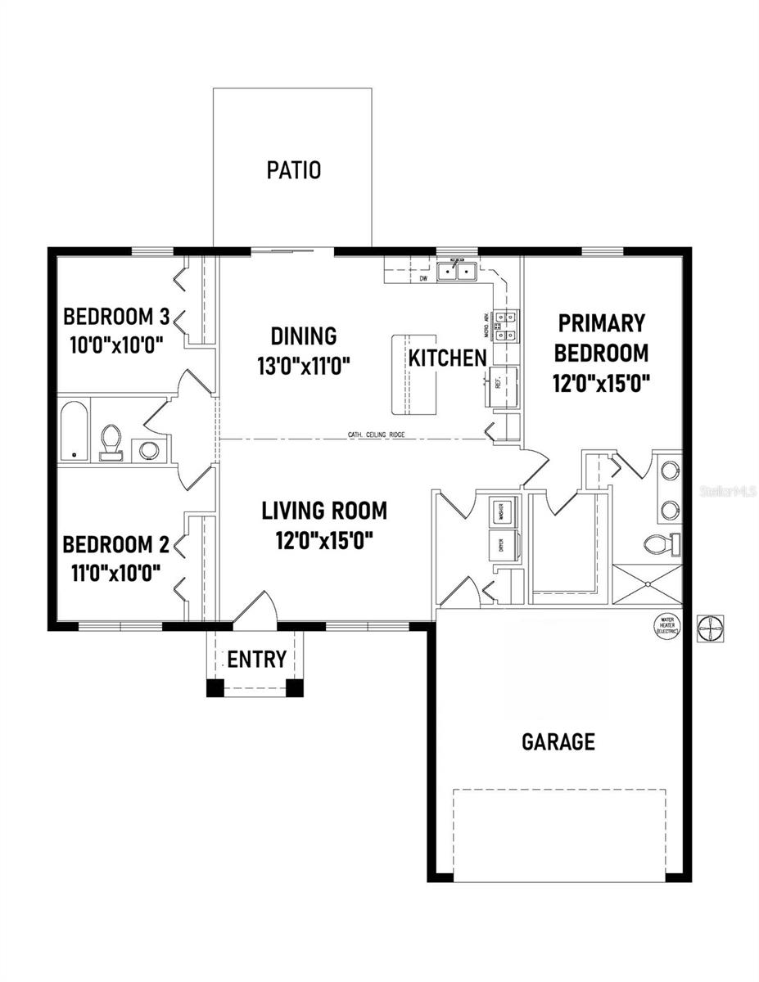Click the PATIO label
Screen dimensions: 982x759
tap(293, 170)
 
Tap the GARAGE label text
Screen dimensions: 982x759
tap(558, 741)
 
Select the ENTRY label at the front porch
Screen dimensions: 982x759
tap(256, 659)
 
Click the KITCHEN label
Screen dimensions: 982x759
tap(448, 358)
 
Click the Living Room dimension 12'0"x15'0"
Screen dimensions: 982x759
tap(323, 540)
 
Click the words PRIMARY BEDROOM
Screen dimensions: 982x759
tap(601, 338)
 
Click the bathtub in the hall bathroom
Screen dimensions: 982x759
tap(74, 431)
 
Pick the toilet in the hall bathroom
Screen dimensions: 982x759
tap(109, 441)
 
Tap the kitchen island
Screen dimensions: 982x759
tap(413, 375)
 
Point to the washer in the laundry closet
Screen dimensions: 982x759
tap(499, 511)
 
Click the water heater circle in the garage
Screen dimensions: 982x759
tap(665, 626)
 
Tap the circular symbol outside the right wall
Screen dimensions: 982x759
tap(708, 628)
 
